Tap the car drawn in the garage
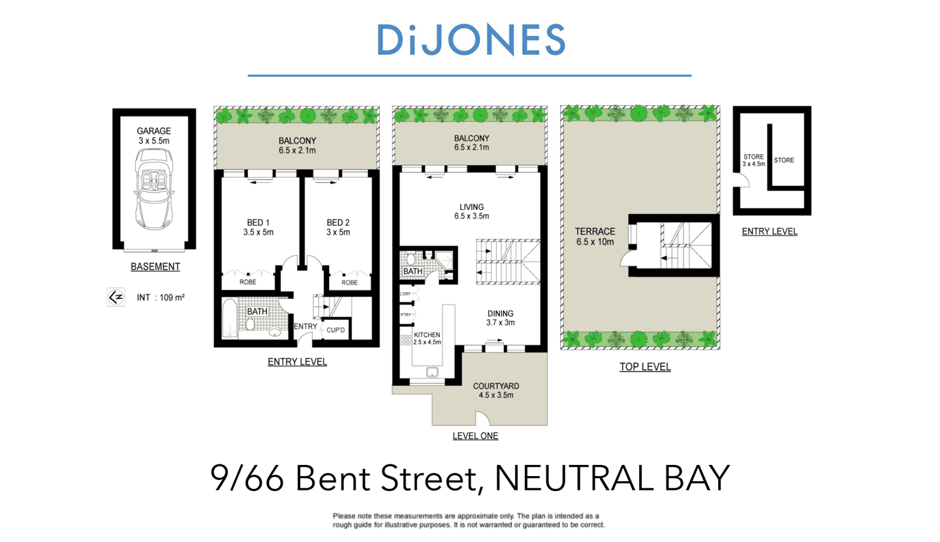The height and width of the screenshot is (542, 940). tap(154, 190)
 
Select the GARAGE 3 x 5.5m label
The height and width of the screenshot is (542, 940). tap(154, 136)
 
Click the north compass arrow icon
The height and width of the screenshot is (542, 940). tap(116, 297)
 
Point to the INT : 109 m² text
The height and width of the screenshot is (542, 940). tap(161, 298)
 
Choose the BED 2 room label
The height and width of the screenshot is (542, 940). tap(338, 227)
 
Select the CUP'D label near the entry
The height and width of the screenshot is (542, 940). tap(336, 330)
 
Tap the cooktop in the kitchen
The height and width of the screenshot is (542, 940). tap(405, 340)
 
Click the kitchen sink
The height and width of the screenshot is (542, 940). tap(432, 373)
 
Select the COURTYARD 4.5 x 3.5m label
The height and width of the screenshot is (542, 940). tap(493, 390)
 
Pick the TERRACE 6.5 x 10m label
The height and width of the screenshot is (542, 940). tap(595, 236)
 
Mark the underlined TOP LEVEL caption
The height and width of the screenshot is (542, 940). tap(645, 367)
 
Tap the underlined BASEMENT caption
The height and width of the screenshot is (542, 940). tap(155, 266)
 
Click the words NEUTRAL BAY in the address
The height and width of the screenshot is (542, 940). tap(612, 479)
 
